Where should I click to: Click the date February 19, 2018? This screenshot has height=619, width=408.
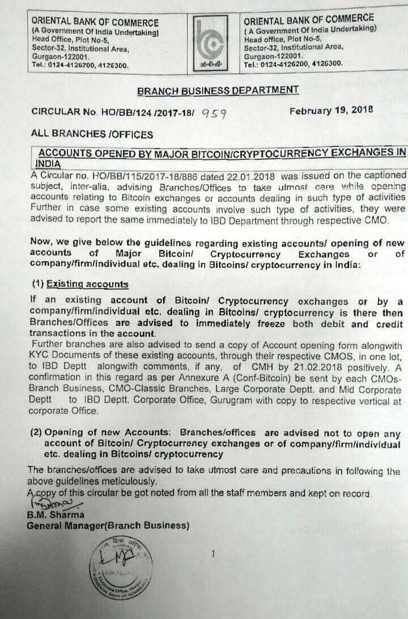click(331, 111)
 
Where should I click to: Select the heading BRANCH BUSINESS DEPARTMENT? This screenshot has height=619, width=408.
click(218, 90)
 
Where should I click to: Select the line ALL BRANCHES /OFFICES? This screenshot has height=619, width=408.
click(92, 134)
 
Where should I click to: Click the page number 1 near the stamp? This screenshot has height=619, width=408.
click(212, 553)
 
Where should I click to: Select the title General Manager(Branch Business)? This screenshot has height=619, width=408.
click(108, 525)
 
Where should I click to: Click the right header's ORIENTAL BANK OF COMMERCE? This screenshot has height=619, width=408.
click(309, 19)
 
